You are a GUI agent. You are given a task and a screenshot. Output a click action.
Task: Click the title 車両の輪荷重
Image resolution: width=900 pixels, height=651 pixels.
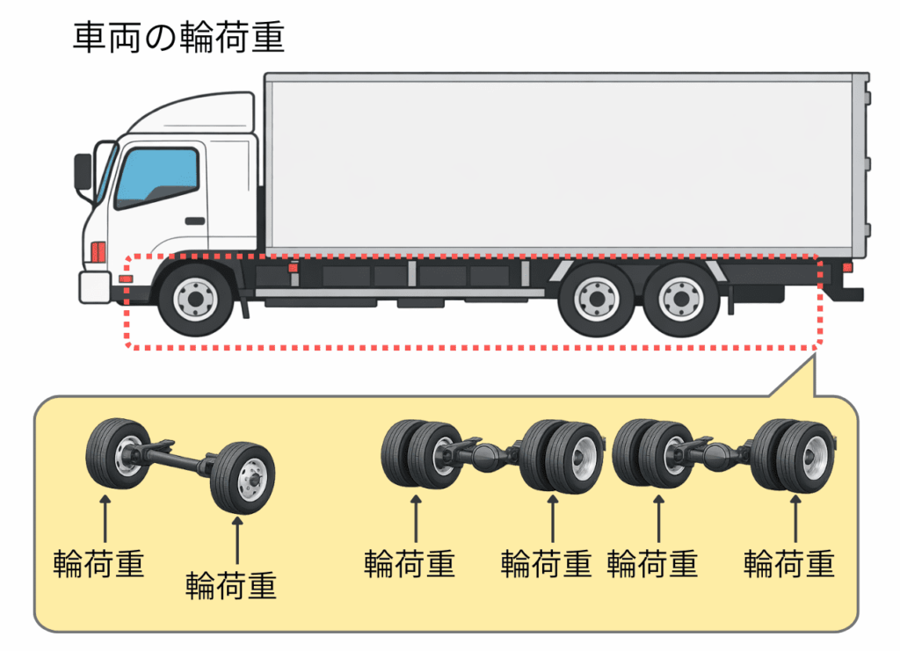[x=178, y=38]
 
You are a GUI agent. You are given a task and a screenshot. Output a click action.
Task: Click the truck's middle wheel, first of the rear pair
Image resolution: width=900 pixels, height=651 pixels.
[x=594, y=300]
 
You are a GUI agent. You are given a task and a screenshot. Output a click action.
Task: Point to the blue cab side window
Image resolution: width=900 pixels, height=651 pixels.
[x=157, y=177]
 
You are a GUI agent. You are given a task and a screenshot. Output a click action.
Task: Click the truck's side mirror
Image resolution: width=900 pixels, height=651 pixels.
[x=83, y=172]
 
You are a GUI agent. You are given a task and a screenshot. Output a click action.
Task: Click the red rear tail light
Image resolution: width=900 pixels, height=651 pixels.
[x=847, y=268]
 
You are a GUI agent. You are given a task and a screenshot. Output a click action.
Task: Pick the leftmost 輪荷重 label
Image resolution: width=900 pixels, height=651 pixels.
[x=98, y=562]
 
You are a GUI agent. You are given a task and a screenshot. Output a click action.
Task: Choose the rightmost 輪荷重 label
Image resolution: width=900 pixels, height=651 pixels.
[x=788, y=562]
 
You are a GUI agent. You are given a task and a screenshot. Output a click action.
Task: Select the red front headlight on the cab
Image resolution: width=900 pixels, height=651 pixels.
[x=98, y=251]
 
